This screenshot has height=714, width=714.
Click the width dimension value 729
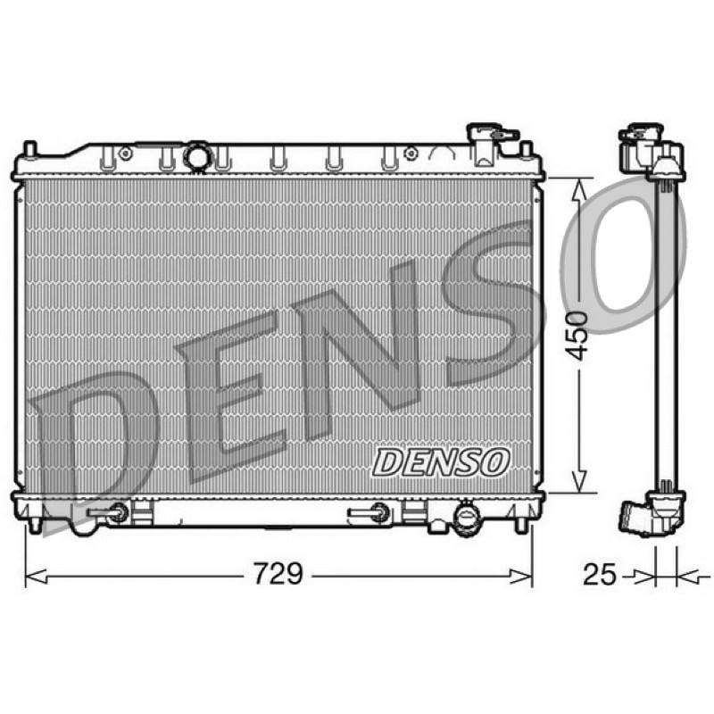(278, 573)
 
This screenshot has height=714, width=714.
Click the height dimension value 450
(576, 336)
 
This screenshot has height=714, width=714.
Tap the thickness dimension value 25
(599, 574)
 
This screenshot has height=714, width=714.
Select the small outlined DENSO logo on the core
(440, 462)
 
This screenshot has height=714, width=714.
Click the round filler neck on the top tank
(197, 157)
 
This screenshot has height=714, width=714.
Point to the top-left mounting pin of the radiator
(29, 149)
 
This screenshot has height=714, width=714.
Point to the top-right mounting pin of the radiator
(526, 149)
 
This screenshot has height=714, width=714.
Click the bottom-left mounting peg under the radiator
(35, 525)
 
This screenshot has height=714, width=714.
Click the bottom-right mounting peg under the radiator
(520, 525)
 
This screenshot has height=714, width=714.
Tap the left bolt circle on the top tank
(125, 153)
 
